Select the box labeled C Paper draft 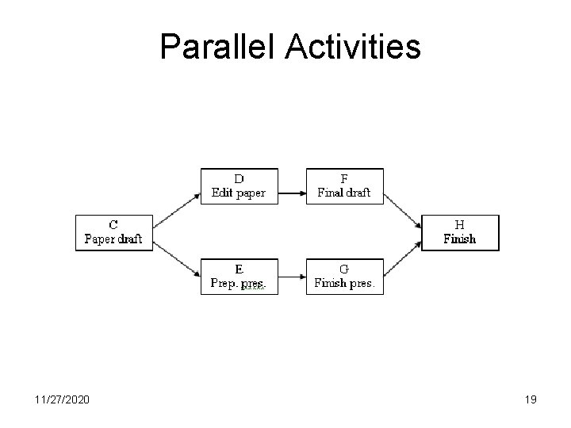point(113,232)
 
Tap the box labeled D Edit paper point(239,186)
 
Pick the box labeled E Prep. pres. point(239,277)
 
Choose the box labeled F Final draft point(344,186)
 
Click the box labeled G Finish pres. point(344,277)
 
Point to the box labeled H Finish point(460,232)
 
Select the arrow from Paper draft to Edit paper point(175,208)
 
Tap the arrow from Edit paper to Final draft point(293,192)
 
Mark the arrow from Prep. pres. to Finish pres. point(293,277)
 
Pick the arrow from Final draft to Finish point(403,210)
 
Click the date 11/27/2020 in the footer point(63,400)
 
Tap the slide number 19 point(530,400)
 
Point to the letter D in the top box point(239,179)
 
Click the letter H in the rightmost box point(459,225)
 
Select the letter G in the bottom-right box point(344,269)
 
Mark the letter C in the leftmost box point(113,225)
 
